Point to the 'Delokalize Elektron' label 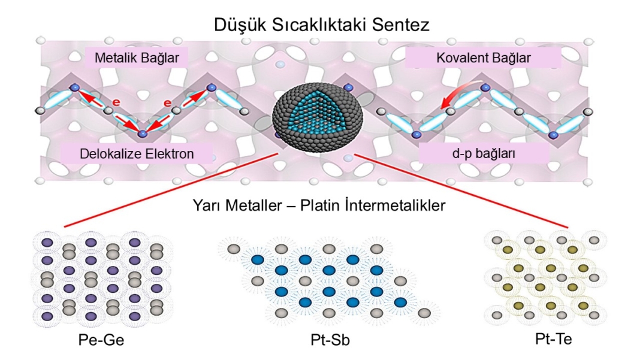click(137, 154)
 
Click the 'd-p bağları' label click(484, 154)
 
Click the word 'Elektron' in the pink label click(168, 154)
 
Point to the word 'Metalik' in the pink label click(114, 58)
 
